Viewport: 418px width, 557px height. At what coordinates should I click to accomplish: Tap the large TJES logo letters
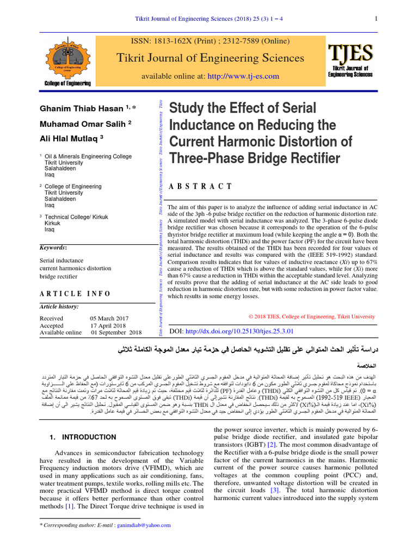[350, 53]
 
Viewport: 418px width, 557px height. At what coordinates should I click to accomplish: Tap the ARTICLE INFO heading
[75, 294]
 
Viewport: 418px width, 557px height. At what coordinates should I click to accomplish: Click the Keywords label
[53, 247]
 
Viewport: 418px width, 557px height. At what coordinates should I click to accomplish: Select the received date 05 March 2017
[109, 318]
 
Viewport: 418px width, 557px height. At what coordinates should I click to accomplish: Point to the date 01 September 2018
[116, 332]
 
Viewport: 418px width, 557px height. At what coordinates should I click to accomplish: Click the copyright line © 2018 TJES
[311, 316]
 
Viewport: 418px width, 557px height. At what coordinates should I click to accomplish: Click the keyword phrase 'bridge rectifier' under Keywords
[58, 276]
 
